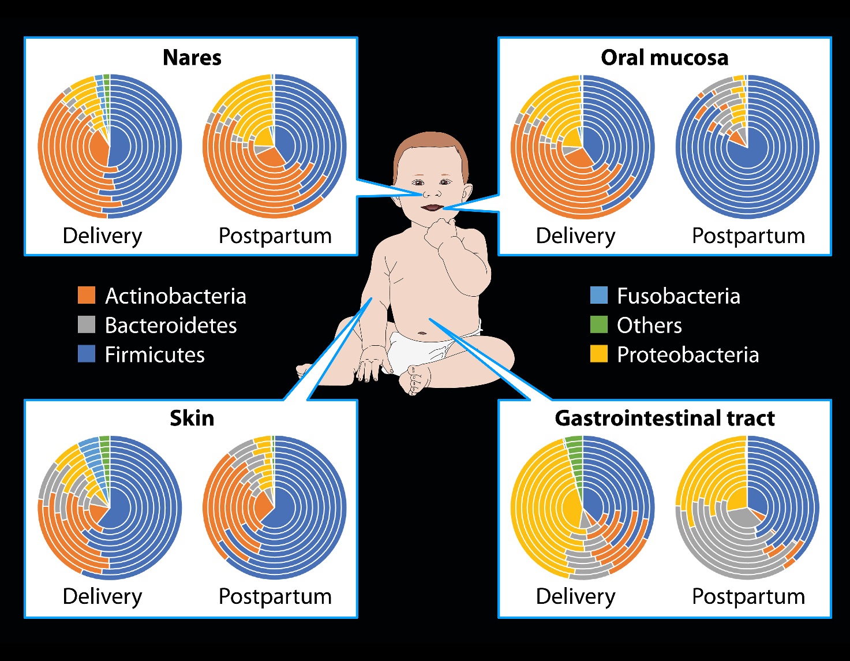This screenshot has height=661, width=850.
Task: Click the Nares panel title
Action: point(192,58)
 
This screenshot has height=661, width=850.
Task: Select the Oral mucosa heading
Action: point(665,58)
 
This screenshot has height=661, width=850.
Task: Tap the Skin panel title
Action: point(192,418)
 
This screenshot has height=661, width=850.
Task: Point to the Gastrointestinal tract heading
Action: point(665,418)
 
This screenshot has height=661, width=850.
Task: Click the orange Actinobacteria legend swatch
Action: point(87,295)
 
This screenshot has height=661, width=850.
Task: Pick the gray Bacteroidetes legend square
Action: point(87,324)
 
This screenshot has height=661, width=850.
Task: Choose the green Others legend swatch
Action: point(599,324)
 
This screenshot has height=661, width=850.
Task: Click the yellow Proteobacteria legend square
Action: point(599,354)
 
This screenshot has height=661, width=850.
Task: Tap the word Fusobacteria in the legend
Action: point(679,296)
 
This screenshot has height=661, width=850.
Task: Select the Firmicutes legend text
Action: point(155,354)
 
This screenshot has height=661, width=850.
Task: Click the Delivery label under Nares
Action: point(103,236)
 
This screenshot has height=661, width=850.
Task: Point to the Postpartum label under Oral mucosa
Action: point(748,236)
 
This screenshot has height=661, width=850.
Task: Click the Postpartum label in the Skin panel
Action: point(275,596)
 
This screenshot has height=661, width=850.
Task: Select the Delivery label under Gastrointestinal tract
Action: point(575,596)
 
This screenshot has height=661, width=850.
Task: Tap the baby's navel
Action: point(422,333)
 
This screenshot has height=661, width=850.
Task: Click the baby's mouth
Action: point(432,207)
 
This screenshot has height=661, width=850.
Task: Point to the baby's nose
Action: point(432,193)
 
